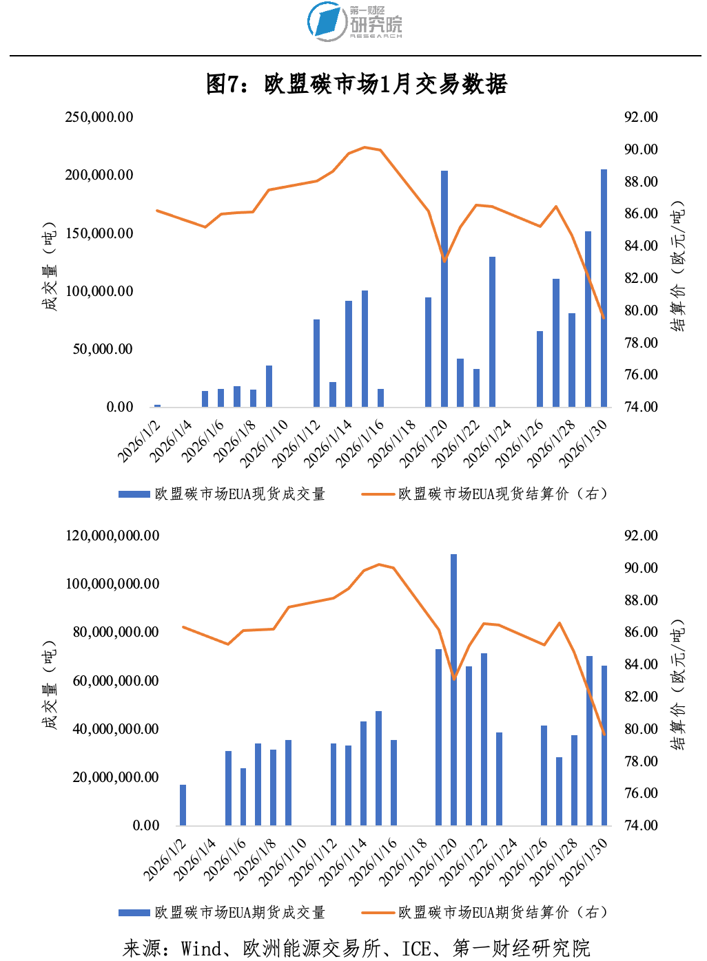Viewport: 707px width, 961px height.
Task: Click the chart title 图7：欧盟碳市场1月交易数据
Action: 356,84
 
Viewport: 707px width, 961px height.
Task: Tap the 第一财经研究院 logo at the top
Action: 354,22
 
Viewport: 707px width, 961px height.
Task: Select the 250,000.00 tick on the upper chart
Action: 99,117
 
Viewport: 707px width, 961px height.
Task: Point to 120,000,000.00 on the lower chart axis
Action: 112,536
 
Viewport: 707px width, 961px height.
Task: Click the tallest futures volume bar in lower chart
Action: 453,688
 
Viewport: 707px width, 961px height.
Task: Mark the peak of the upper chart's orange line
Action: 365,147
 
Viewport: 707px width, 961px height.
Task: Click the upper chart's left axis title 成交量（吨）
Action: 50,266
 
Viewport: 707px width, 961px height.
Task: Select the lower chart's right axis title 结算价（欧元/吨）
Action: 678,684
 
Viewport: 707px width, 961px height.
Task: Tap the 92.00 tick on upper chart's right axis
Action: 641,117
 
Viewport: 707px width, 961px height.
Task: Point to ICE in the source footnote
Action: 416,949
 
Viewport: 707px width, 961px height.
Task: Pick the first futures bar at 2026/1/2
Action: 183,805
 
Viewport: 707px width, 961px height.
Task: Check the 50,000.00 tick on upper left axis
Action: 103,349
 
